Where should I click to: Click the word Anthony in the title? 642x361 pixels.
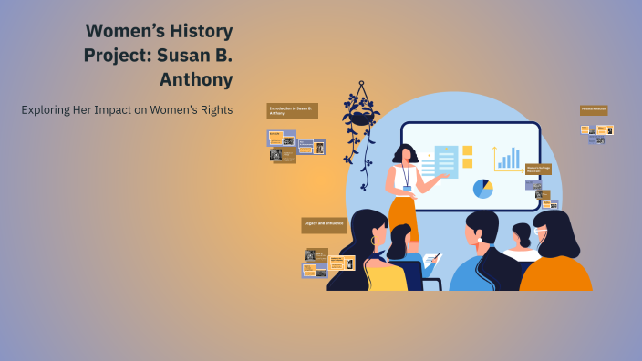[x=195, y=79]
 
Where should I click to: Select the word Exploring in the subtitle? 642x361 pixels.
[x=47, y=110]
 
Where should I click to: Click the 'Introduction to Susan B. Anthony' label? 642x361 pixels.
[x=292, y=110]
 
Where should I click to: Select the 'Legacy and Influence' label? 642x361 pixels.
[x=324, y=224]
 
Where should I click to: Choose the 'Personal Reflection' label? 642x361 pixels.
[x=594, y=109]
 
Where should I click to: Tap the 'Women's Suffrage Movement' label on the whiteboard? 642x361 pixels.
[x=538, y=170]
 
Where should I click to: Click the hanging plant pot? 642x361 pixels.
[x=361, y=116]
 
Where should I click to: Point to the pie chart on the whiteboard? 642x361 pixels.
[x=482, y=189]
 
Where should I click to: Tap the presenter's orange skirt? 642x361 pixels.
[x=402, y=215]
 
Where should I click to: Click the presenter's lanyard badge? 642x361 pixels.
[x=407, y=188]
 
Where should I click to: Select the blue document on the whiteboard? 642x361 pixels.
[x=446, y=162]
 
